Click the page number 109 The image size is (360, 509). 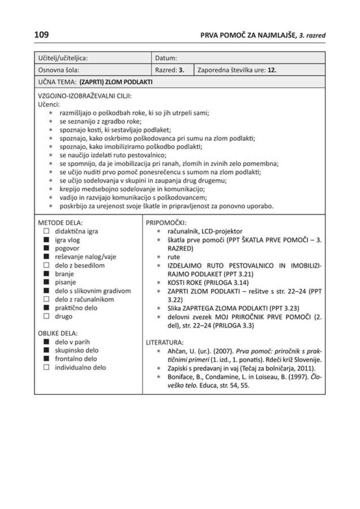click(41, 35)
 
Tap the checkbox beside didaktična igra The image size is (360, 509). click(46, 231)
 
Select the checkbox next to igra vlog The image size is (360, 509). click(46, 240)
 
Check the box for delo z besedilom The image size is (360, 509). click(46, 265)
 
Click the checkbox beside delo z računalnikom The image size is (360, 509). click(46, 300)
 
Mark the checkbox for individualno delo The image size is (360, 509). click(46, 367)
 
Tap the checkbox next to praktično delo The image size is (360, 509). click(46, 308)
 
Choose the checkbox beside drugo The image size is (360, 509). click(46, 316)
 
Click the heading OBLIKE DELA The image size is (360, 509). click(58, 333)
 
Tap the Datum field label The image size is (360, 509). click(166, 58)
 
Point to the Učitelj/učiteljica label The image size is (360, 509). click(62, 58)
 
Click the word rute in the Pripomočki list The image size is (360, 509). click(174, 257)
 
